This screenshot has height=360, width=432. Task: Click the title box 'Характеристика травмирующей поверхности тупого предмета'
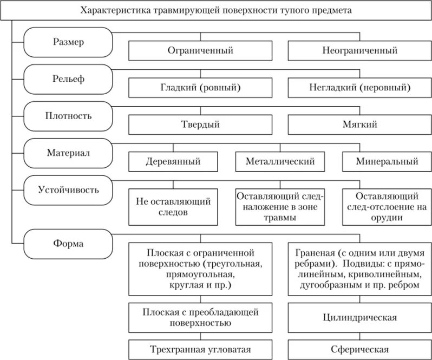click(215, 10)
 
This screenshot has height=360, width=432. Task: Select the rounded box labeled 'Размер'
click(69, 42)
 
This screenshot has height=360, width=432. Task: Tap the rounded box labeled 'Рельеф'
click(69, 78)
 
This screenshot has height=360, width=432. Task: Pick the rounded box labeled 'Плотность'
click(69, 115)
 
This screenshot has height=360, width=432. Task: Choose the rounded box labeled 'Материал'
click(69, 152)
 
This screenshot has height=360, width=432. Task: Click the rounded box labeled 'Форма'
click(69, 243)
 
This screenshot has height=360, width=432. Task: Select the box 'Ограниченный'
click(200, 51)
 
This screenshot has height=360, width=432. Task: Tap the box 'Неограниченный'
click(360, 51)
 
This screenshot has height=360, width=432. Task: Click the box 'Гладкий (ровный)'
click(200, 87)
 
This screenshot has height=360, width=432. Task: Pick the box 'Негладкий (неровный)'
click(360, 87)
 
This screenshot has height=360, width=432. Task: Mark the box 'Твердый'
click(200, 124)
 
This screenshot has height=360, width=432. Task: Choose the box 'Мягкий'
click(360, 124)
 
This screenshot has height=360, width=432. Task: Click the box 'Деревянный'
click(173, 161)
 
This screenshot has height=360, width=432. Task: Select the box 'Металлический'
click(280, 161)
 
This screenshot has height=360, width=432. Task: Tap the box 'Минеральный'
click(387, 161)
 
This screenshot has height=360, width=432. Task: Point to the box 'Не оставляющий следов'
click(173, 207)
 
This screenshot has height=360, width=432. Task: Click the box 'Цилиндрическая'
click(360, 317)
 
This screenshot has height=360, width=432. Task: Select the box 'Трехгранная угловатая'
click(200, 349)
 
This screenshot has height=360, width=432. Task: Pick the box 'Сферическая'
click(360, 349)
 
